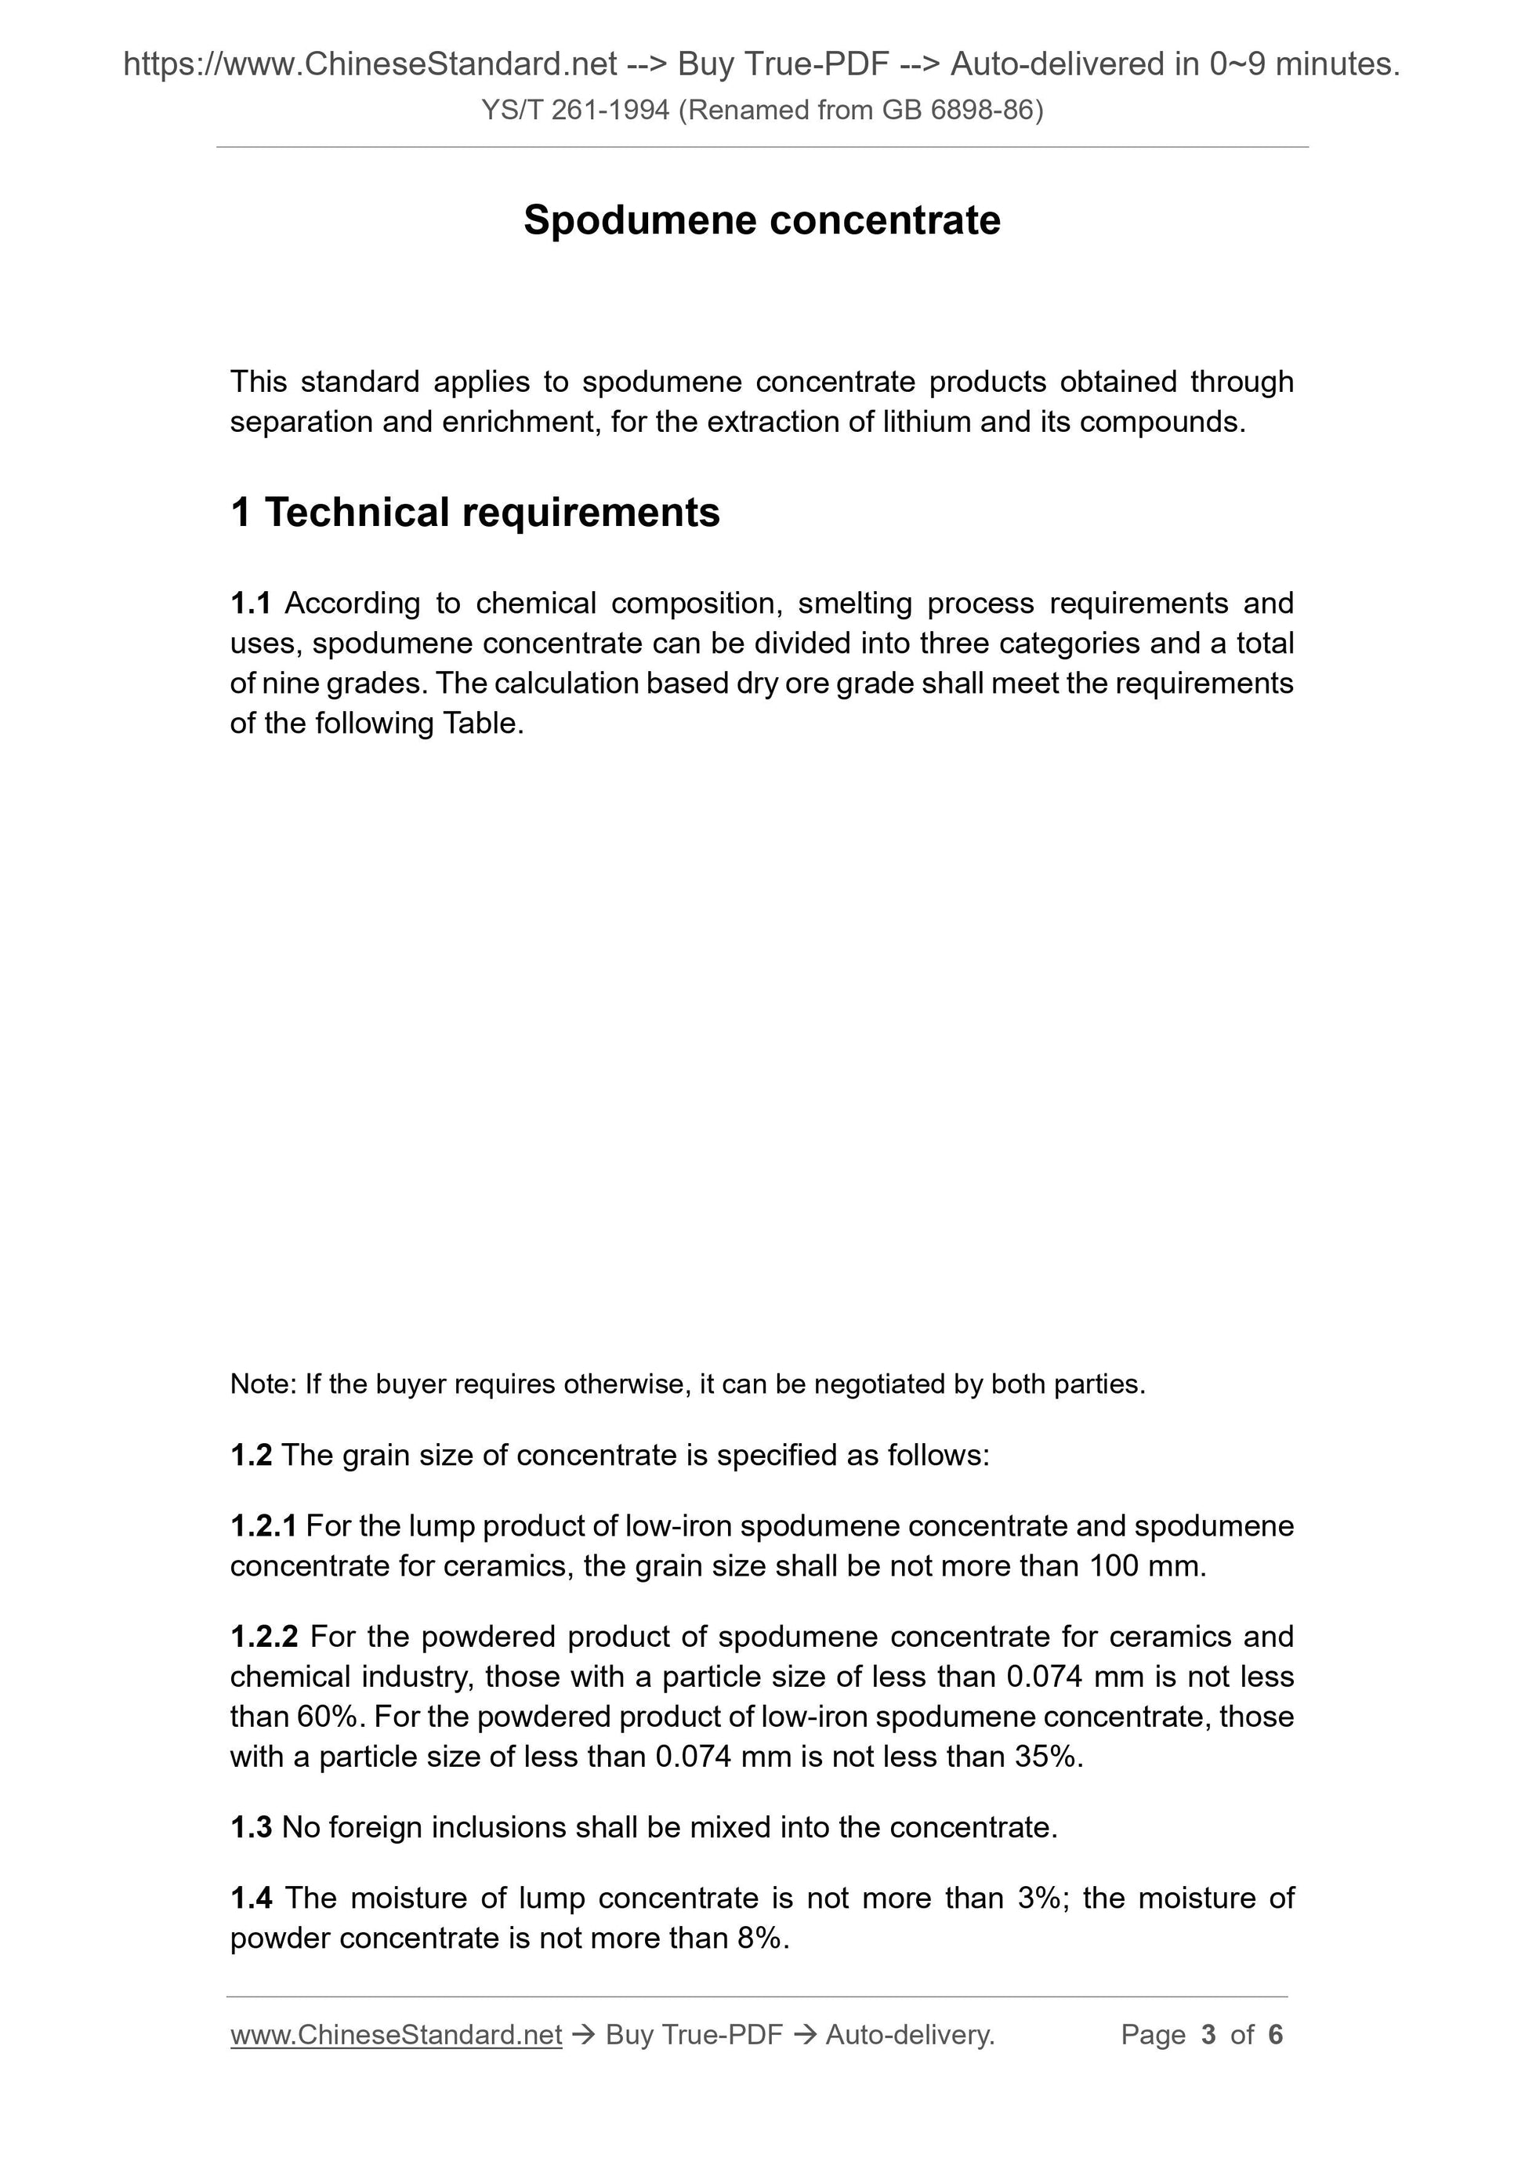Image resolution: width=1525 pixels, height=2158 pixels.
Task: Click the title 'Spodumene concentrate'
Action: coord(761,221)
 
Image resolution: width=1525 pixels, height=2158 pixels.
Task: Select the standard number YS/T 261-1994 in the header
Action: coord(575,111)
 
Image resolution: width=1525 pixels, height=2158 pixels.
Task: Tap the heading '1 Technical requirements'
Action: coord(475,512)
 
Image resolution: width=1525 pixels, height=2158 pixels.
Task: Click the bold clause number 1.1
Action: coord(250,603)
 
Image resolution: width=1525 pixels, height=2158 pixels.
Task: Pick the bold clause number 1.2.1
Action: coord(263,1525)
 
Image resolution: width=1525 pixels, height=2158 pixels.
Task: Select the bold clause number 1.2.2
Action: coord(264,1637)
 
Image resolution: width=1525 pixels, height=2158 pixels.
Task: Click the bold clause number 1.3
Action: coord(250,1827)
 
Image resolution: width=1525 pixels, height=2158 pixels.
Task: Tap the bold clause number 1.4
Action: coord(251,1898)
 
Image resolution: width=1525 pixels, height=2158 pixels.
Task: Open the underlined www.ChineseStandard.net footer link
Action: coord(396,2035)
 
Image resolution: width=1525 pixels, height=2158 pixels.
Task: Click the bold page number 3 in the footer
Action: coord(1208,2035)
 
